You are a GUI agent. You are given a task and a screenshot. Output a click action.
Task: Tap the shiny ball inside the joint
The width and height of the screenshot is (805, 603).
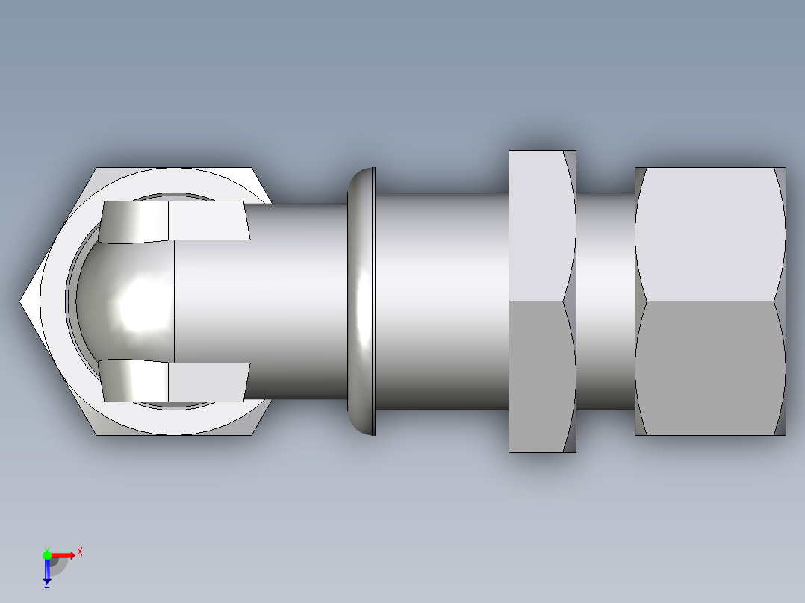131,302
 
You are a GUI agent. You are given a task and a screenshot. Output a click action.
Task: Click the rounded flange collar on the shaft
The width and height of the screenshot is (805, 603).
362,301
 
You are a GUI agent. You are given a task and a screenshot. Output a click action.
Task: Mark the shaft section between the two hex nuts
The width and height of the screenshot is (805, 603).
606,301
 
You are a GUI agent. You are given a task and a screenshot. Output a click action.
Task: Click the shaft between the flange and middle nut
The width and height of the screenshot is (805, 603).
441,301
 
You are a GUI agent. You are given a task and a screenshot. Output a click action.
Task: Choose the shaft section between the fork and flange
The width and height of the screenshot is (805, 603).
299,301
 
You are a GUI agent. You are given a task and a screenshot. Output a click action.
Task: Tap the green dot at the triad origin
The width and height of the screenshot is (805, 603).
47,554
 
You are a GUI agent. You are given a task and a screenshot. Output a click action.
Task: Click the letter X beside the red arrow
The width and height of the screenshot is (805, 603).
80,552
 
